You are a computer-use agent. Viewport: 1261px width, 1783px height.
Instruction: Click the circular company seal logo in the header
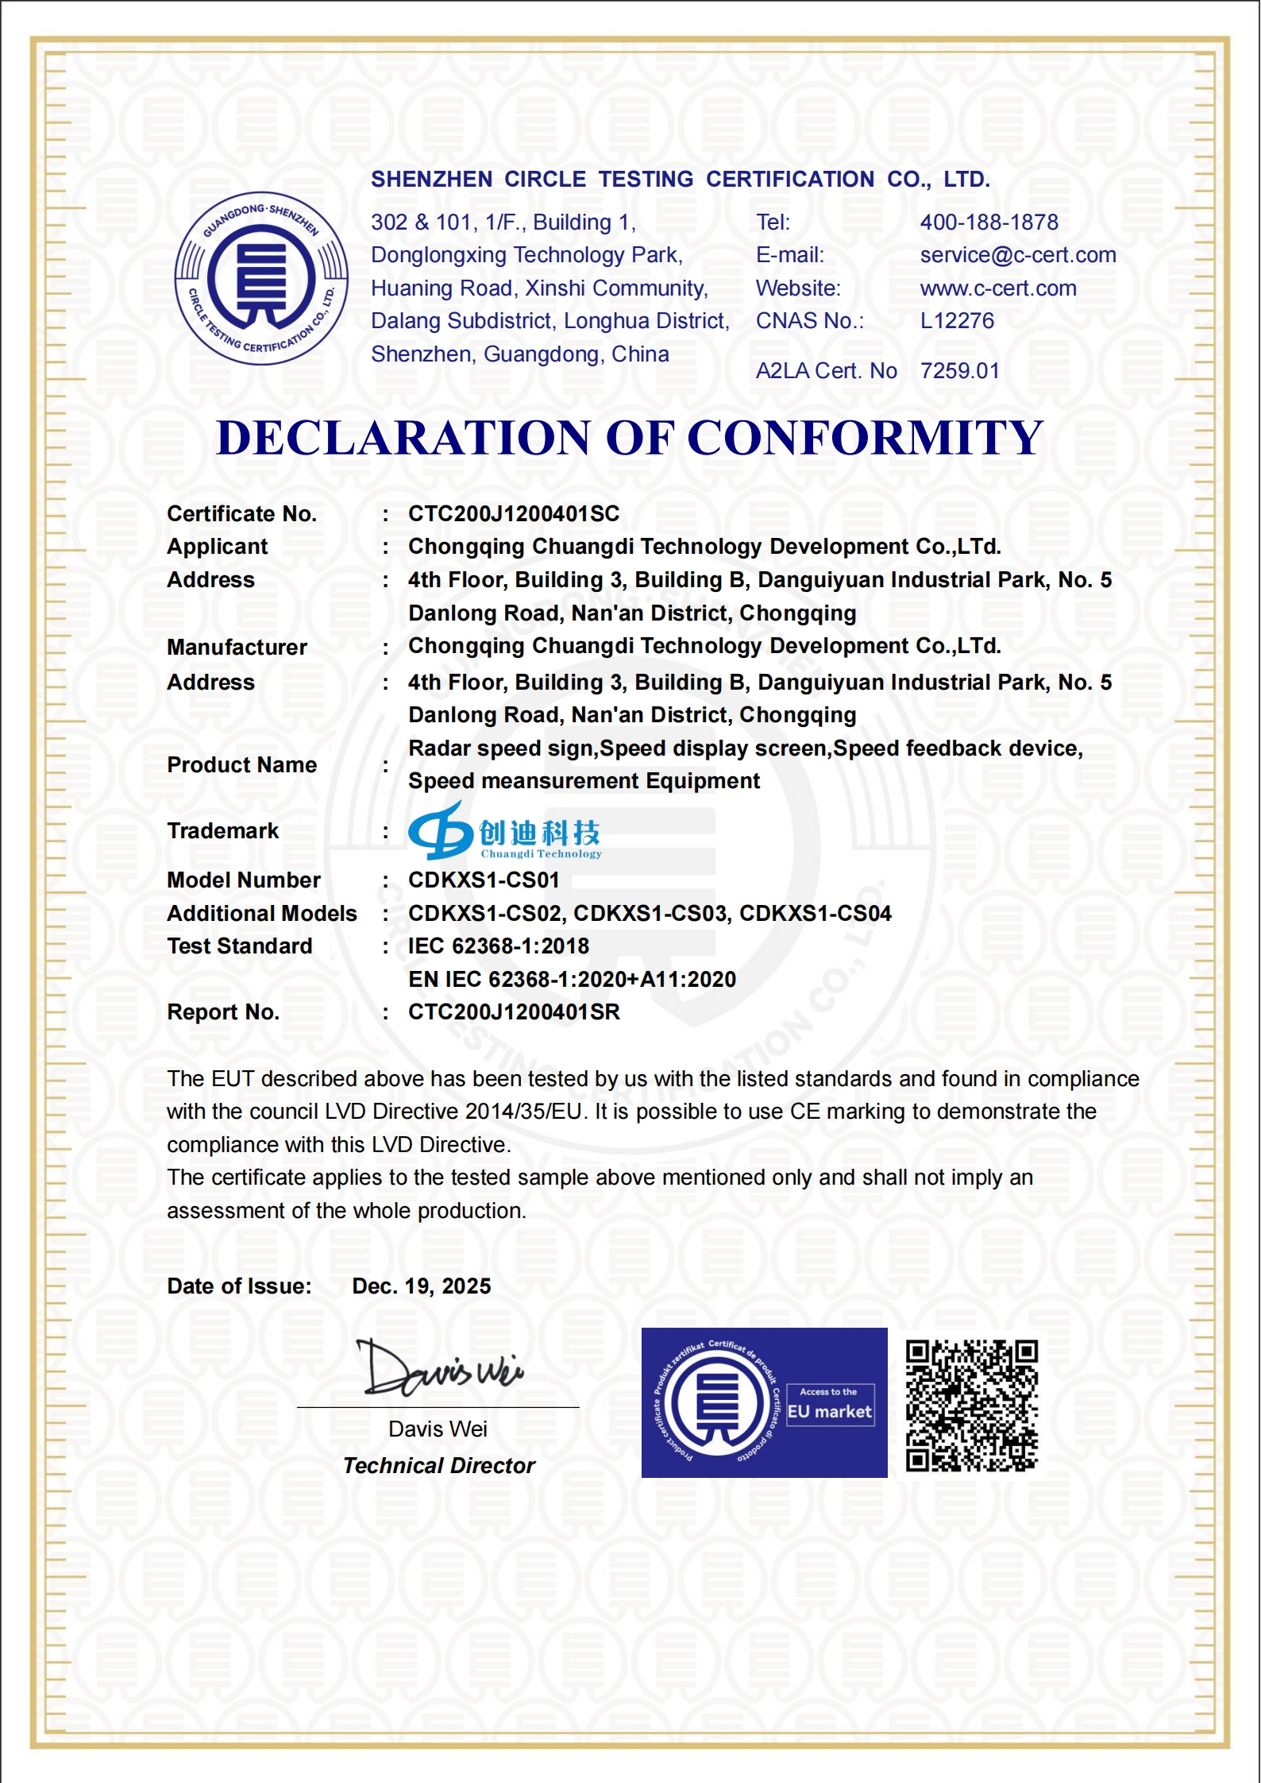click(261, 278)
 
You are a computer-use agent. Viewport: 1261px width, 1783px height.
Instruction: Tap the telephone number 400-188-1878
click(989, 222)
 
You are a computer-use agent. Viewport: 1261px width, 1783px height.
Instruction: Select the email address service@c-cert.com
click(1017, 255)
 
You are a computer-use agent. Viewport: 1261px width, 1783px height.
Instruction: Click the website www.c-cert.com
click(997, 288)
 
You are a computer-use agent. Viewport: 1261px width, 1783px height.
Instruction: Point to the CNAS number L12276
click(957, 321)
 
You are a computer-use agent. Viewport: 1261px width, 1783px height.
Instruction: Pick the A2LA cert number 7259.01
click(959, 371)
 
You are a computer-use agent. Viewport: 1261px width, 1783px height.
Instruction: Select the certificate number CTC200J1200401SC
click(514, 514)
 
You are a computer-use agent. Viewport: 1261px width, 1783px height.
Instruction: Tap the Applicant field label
click(218, 547)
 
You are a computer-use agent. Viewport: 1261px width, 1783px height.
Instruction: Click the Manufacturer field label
click(237, 648)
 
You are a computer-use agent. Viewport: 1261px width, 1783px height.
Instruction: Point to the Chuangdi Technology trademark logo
click(505, 832)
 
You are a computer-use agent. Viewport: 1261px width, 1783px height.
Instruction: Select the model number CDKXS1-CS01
click(484, 880)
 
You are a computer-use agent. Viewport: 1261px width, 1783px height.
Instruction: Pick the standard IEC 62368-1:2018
click(499, 946)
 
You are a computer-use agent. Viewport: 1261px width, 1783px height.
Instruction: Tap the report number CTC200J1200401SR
click(514, 1012)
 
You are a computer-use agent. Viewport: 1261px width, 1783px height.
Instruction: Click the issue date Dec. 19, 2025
click(422, 1286)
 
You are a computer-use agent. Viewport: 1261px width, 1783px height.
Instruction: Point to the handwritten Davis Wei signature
click(439, 1368)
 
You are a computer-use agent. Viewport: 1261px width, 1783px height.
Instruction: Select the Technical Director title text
click(439, 1466)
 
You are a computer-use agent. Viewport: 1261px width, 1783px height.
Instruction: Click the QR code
click(972, 1405)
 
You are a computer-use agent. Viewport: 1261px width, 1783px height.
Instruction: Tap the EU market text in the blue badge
click(829, 1412)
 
